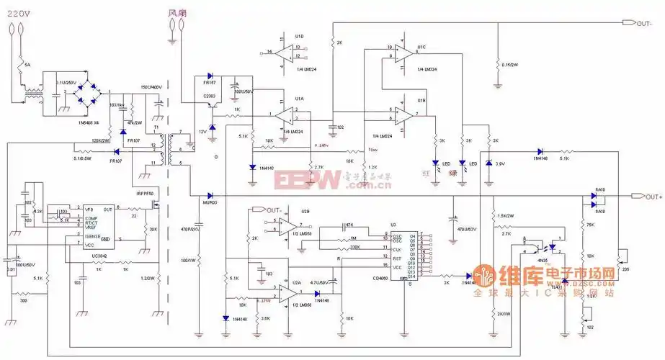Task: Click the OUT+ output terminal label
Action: coord(653,197)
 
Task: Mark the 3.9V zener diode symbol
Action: coord(489,165)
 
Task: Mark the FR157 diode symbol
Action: coord(210,75)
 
